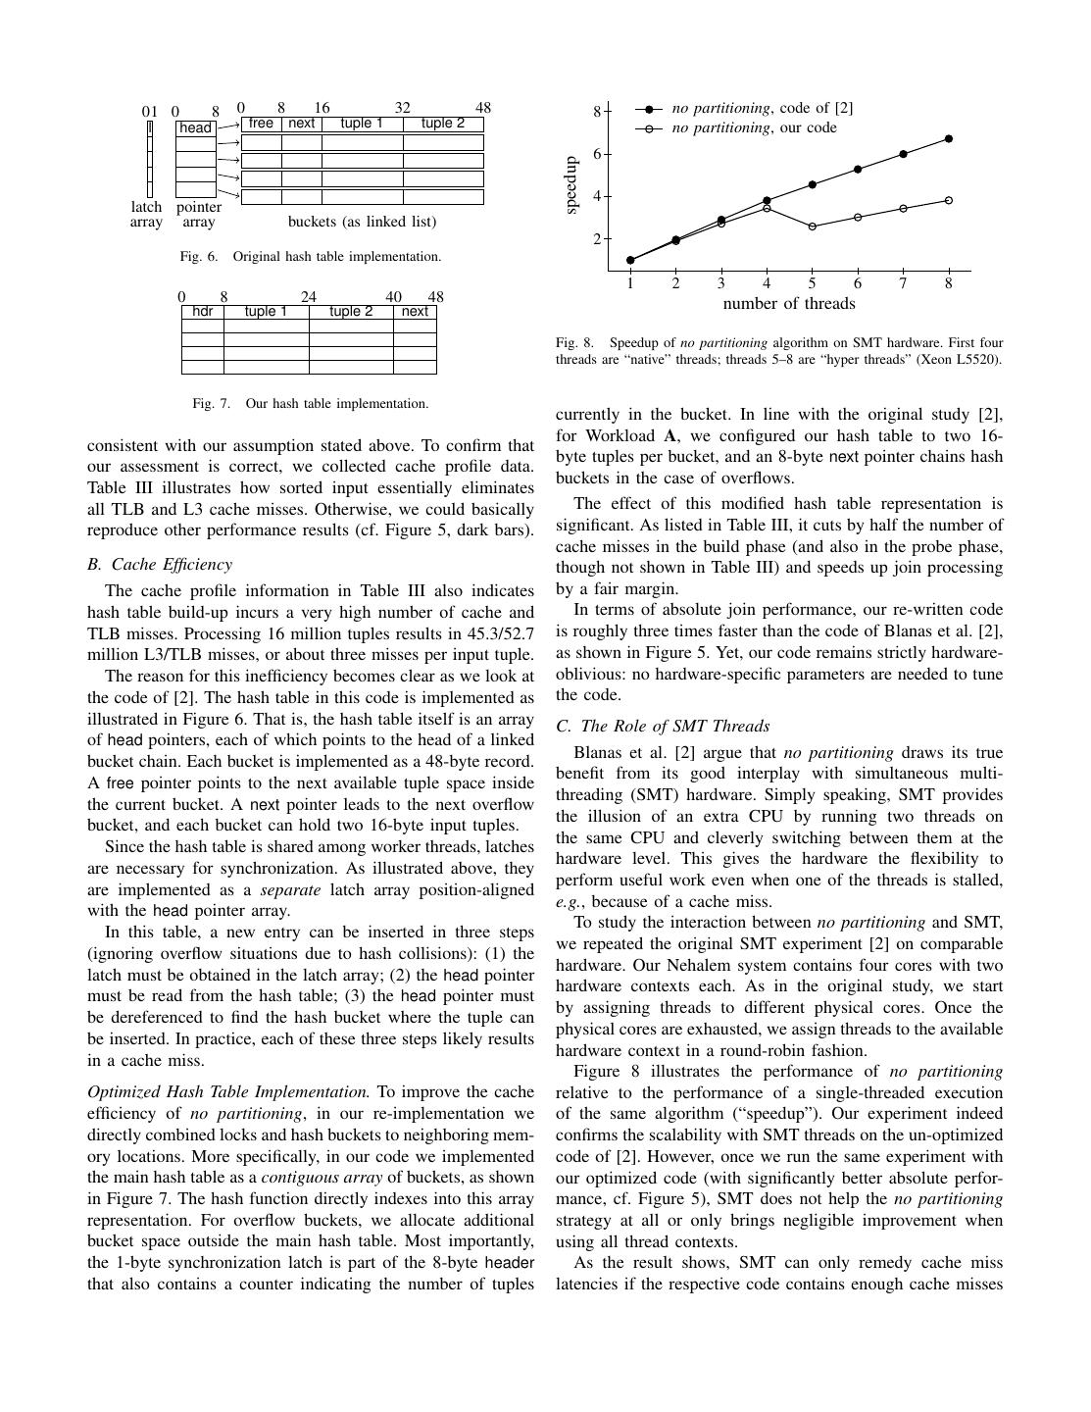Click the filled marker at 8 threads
click(949, 139)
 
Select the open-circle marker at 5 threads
click(813, 227)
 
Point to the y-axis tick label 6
click(597, 154)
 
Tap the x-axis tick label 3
click(721, 284)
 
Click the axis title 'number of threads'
click(789, 304)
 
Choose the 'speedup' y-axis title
click(571, 185)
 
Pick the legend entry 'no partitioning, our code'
click(754, 128)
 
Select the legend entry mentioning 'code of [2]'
click(762, 108)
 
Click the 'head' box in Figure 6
click(195, 127)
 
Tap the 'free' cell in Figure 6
click(261, 124)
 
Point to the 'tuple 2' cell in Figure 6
click(443, 124)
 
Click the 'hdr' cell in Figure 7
click(203, 312)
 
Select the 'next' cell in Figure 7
click(415, 312)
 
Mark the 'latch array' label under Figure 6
click(146, 215)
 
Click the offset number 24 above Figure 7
click(309, 297)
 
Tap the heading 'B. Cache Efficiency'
click(160, 565)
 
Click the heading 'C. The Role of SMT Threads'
click(663, 727)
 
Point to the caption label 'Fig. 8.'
click(575, 343)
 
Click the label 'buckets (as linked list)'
click(363, 222)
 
